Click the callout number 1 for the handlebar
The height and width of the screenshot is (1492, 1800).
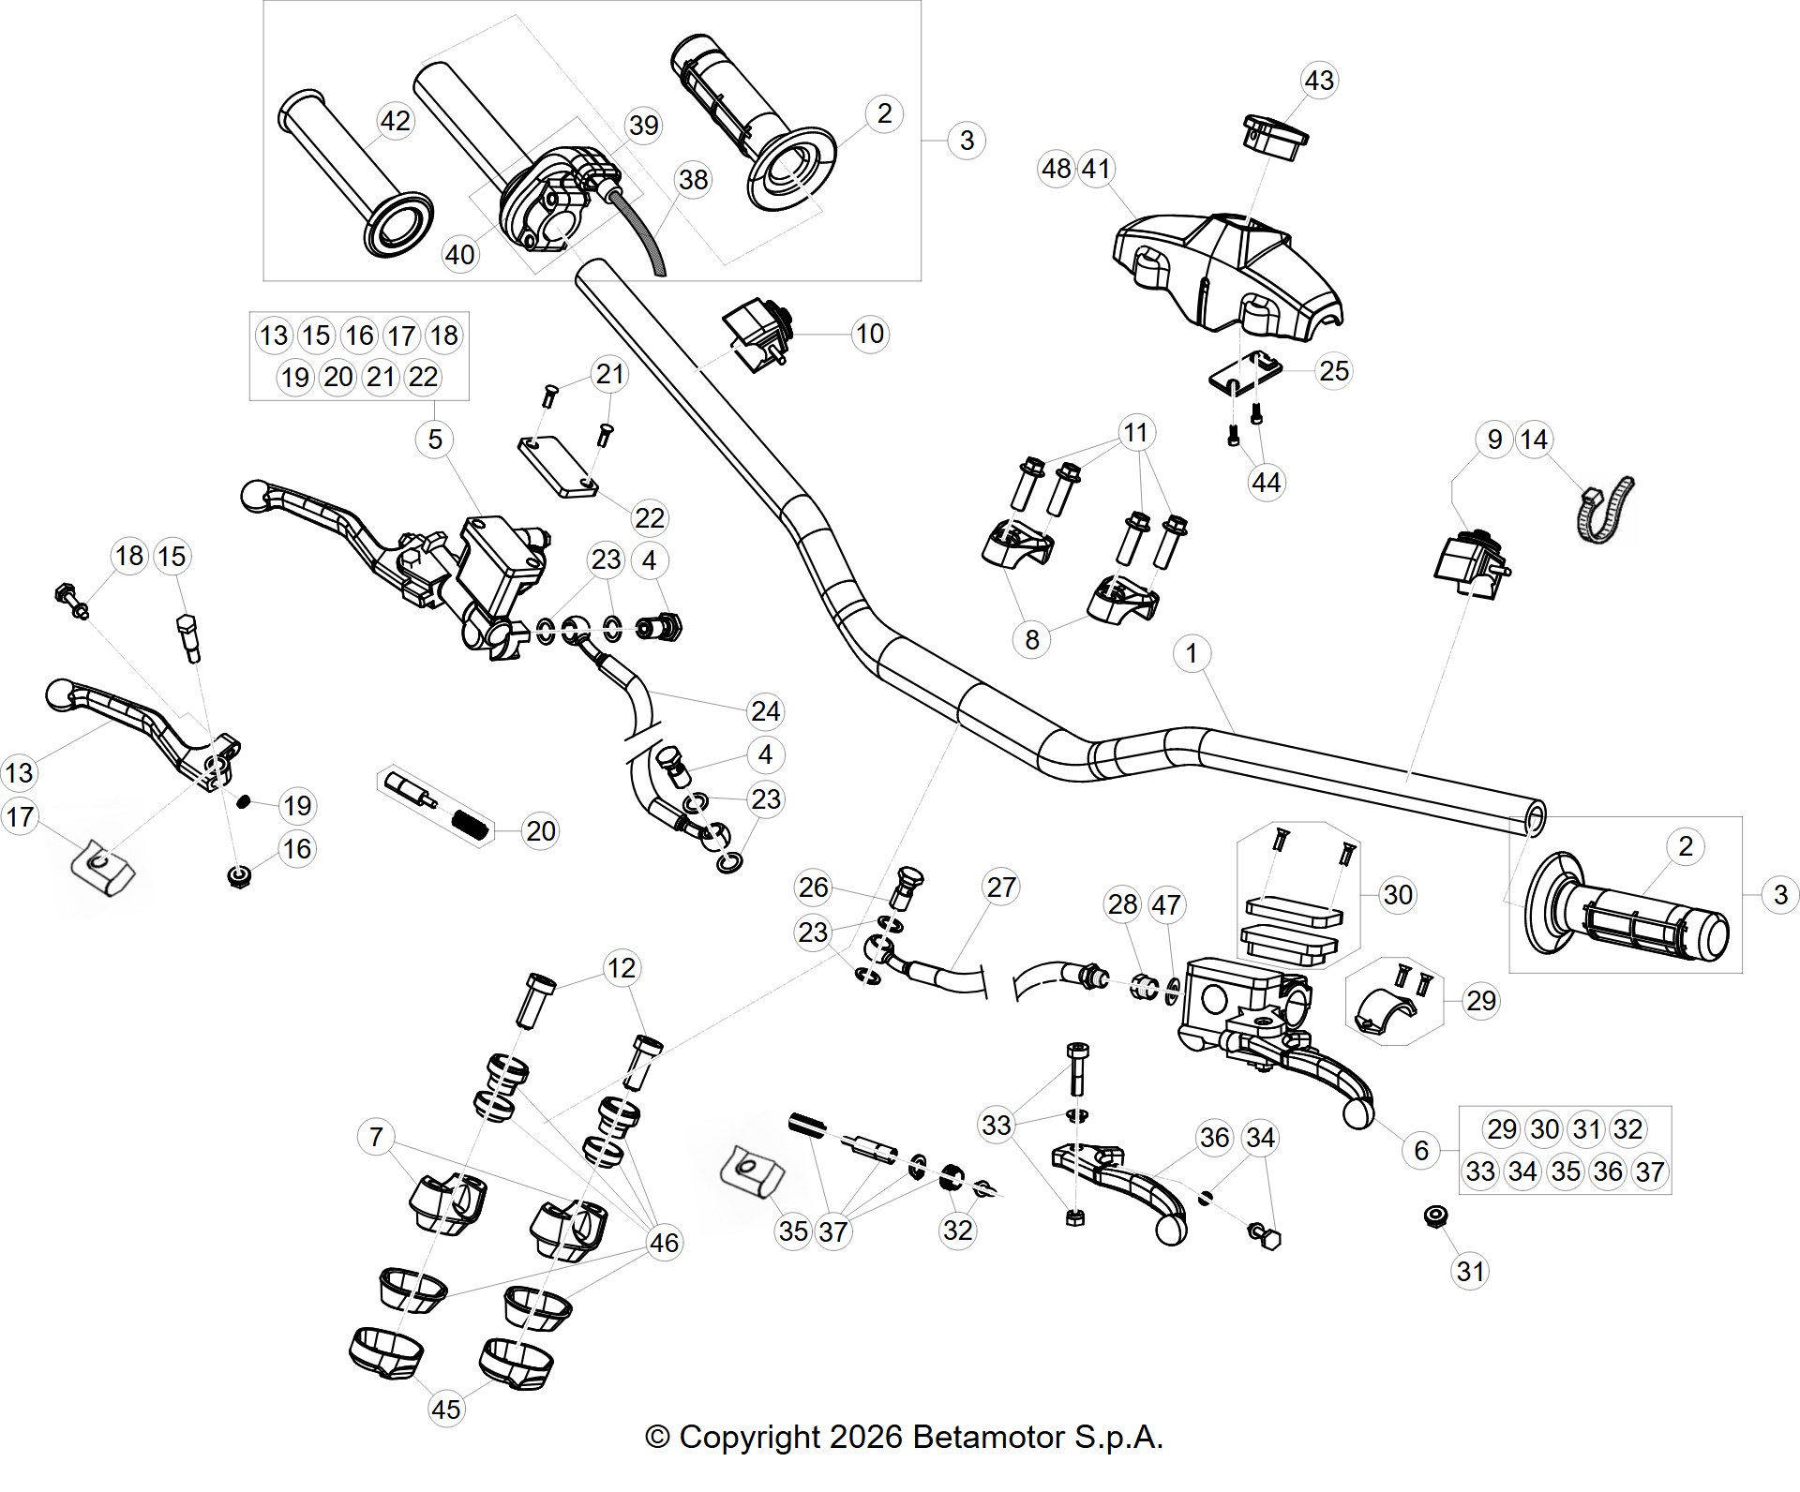(x=1192, y=653)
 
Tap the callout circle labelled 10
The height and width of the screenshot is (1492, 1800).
(x=870, y=334)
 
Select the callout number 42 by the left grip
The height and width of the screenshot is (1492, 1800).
(x=395, y=121)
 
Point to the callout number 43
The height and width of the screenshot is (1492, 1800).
(x=1319, y=81)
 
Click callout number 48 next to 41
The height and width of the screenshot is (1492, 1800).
(x=1057, y=169)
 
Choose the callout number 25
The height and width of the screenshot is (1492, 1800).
(x=1334, y=371)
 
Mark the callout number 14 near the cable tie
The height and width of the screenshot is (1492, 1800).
(x=1534, y=440)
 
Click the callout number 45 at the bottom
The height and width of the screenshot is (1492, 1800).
(x=446, y=1409)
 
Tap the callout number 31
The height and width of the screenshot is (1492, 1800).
(x=1470, y=1272)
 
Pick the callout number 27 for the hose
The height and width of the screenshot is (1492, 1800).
(x=1001, y=888)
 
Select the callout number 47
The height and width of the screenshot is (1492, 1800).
(x=1166, y=905)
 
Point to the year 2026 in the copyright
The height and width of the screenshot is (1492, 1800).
(x=862, y=1437)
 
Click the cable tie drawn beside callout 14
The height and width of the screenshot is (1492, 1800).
(x=1603, y=510)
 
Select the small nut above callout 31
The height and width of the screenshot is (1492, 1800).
(x=1432, y=1216)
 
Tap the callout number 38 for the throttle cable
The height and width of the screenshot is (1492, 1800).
(x=693, y=179)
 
